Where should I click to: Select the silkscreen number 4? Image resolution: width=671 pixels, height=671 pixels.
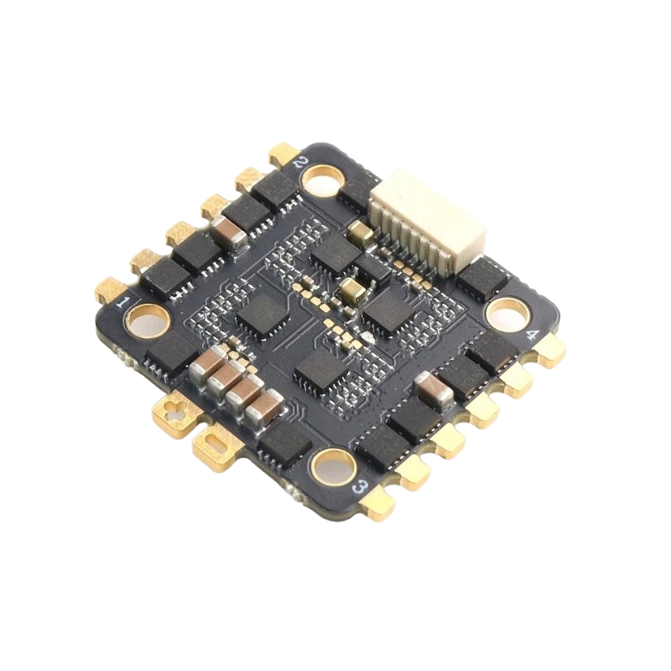tap(532, 335)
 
